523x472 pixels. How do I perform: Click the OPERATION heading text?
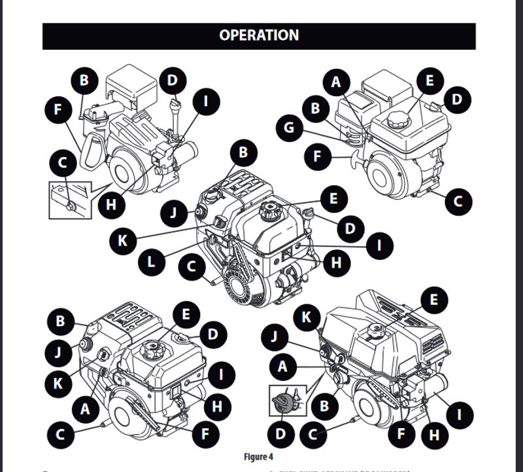tap(259, 35)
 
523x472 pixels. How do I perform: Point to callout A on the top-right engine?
tap(337, 82)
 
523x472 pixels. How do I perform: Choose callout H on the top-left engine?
tap(111, 204)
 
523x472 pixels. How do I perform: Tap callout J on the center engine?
tap(175, 213)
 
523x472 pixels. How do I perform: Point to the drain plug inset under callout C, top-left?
tap(68, 199)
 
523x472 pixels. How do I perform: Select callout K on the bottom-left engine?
tap(59, 382)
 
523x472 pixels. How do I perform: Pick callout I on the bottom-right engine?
tap(459, 414)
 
